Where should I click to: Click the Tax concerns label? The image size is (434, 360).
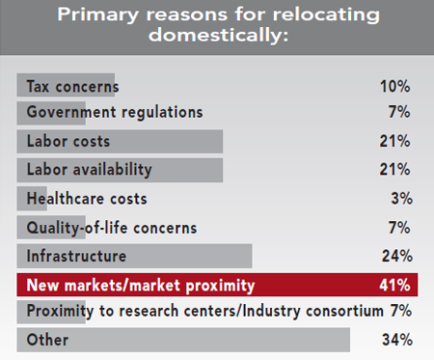(72, 85)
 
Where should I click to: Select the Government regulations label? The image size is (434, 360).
(115, 112)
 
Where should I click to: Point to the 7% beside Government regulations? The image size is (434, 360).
(402, 112)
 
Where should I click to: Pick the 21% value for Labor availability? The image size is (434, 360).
(397, 170)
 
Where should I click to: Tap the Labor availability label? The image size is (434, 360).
(89, 170)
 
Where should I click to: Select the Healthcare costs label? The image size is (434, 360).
(86, 199)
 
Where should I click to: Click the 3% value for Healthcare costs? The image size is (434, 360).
(402, 199)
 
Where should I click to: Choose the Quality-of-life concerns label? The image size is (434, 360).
(111, 228)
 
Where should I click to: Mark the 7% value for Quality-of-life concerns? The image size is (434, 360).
(402, 228)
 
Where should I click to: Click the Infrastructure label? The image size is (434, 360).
(74, 256)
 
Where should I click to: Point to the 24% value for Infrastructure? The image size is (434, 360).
(397, 256)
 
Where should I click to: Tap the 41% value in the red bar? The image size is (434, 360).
(397, 285)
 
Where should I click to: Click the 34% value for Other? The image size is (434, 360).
(397, 341)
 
